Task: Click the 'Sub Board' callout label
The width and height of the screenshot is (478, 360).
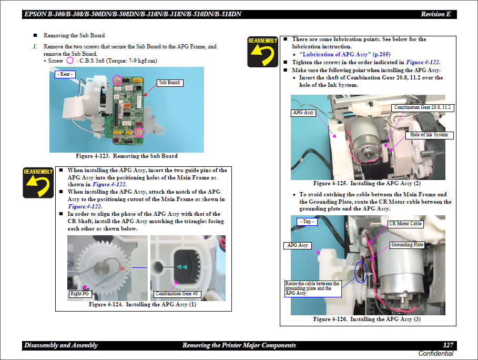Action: (x=169, y=83)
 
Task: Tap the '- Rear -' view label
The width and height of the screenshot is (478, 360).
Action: (x=65, y=74)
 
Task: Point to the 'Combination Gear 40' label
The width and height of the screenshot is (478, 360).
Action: (x=176, y=294)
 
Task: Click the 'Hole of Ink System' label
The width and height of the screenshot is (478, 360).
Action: (x=429, y=135)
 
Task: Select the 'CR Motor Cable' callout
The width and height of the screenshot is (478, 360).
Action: (x=405, y=224)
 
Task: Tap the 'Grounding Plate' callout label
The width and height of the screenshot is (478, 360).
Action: (x=407, y=245)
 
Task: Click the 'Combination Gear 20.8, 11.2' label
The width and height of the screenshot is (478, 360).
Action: (x=422, y=107)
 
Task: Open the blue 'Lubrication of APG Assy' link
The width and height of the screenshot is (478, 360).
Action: (x=344, y=54)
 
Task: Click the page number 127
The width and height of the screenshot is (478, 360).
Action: (x=448, y=345)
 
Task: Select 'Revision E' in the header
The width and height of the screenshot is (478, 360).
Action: (x=435, y=14)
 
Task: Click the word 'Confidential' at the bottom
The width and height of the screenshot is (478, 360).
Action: (x=435, y=353)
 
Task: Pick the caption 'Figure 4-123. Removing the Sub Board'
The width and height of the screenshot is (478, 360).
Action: (x=126, y=156)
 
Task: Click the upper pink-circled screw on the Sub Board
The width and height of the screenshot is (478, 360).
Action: (x=118, y=81)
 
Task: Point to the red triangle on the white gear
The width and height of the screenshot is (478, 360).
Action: (x=123, y=268)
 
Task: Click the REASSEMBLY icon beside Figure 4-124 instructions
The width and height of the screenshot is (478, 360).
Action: (x=38, y=182)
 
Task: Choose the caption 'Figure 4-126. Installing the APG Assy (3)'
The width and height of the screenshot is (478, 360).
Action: (x=367, y=319)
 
